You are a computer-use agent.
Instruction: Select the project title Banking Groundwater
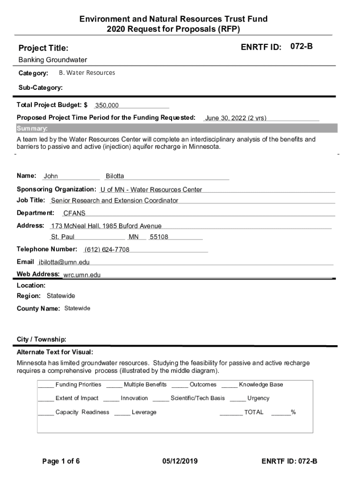53,60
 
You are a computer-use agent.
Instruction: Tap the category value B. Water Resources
87,73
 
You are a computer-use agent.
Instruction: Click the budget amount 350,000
107,106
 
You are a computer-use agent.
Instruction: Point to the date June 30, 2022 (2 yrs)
236,118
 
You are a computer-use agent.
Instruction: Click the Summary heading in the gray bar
32,129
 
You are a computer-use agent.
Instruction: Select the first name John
51,176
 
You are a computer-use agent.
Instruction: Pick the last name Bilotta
115,176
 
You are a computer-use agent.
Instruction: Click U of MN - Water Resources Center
151,189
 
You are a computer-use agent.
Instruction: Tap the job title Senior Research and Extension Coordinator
115,201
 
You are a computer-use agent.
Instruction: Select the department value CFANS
74,213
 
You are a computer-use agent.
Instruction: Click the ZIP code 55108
159,237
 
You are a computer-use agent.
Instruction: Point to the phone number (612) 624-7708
107,249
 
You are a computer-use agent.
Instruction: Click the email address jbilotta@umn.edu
64,262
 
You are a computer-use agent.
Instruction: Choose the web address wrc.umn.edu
82,275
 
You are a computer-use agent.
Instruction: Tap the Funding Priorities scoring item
78,385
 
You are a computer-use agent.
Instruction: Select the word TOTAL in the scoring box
254,412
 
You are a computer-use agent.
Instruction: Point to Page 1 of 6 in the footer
61,461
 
